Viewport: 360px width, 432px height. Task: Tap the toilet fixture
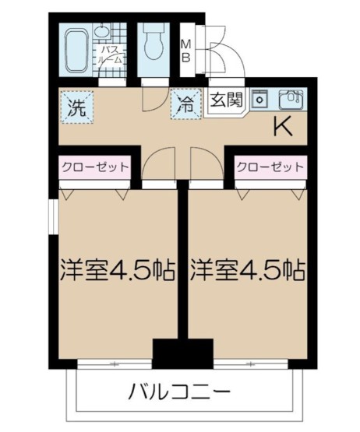pyautogui.click(x=154, y=42)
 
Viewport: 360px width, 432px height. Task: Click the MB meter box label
pyautogui.click(x=187, y=50)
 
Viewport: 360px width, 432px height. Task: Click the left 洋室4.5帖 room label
pyautogui.click(x=114, y=272)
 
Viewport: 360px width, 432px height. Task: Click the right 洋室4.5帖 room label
pyautogui.click(x=247, y=272)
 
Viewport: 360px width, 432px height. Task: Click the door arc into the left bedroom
pyautogui.click(x=157, y=164)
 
